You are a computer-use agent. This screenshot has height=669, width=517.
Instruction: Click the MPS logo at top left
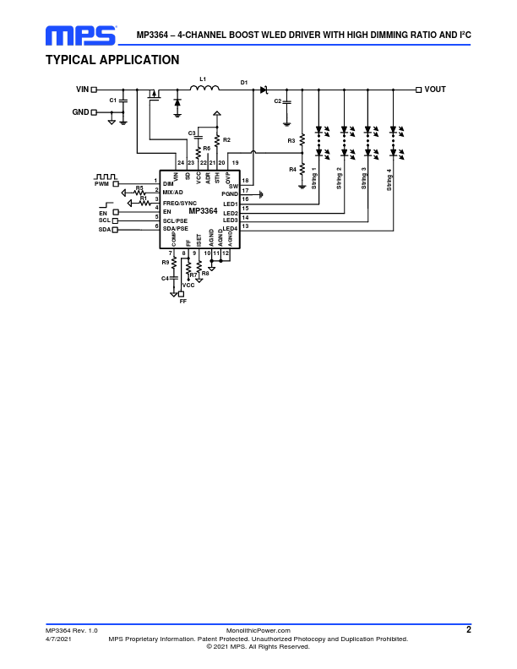tap(81, 35)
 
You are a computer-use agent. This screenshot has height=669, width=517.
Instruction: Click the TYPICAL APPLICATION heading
tap(112, 60)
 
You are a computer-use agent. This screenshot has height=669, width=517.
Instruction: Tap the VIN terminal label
tap(82, 89)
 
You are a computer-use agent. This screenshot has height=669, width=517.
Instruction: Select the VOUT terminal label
tap(435, 89)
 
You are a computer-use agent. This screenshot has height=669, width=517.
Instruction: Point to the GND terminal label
tap(80, 111)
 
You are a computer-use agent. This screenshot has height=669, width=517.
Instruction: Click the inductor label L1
tap(203, 79)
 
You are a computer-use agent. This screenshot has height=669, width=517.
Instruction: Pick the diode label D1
tap(244, 82)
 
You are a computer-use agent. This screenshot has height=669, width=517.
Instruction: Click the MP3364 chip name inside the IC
tap(203, 211)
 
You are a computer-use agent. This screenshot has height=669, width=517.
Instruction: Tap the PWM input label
tap(102, 183)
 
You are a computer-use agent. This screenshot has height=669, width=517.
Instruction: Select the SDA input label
tap(105, 229)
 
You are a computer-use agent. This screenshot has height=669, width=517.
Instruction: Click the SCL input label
tap(105, 220)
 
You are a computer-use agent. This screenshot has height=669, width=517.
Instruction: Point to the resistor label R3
tap(291, 140)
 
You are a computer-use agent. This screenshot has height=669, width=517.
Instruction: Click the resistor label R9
tap(166, 263)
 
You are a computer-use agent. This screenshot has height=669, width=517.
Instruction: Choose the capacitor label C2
tap(277, 101)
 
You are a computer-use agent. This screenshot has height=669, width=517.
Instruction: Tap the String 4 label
tap(389, 181)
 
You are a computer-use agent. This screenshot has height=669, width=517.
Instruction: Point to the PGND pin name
tap(230, 193)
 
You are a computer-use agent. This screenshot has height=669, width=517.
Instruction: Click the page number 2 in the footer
tap(468, 629)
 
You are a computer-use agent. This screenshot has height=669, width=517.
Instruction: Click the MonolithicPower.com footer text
tap(258, 630)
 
